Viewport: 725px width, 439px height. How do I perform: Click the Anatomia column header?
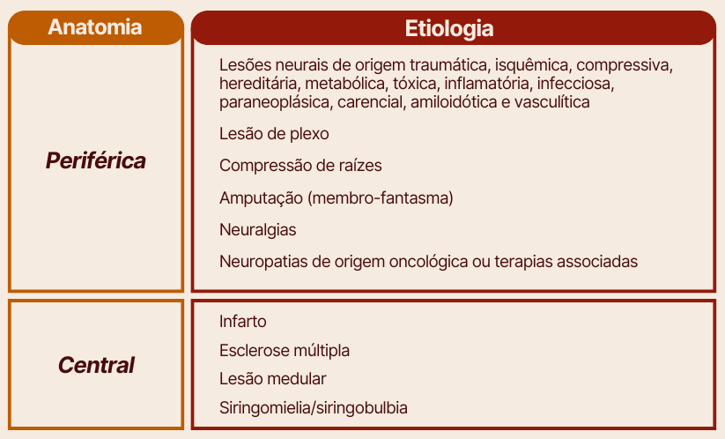(x=95, y=26)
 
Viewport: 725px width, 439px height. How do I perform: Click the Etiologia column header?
(x=449, y=28)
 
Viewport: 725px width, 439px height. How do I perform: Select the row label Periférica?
(x=96, y=160)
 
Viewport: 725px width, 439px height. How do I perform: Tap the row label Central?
(x=96, y=365)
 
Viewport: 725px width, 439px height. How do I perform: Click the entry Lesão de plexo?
(x=274, y=134)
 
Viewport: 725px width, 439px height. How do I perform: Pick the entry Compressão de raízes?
(x=300, y=166)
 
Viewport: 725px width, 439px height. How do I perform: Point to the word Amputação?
(x=261, y=198)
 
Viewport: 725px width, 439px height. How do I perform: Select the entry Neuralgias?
(x=257, y=230)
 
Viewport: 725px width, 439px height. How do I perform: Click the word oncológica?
(x=429, y=262)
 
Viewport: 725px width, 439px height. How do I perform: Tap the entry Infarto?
(x=243, y=322)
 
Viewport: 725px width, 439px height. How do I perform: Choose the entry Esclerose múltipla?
(x=285, y=351)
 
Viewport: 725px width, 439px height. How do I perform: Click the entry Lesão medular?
(x=273, y=379)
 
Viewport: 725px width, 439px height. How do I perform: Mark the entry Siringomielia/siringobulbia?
(x=314, y=408)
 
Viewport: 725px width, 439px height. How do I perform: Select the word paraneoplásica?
(x=276, y=102)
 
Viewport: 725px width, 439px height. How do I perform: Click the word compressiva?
(x=625, y=65)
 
